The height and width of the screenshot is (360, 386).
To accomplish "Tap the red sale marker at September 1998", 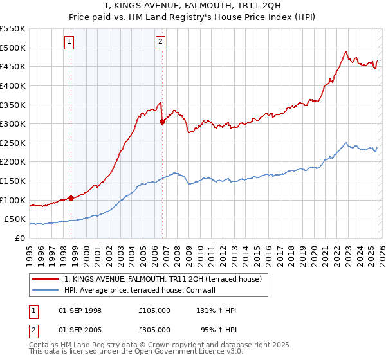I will click(x=71, y=198).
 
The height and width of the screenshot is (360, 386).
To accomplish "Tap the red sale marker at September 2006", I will click(x=162, y=122).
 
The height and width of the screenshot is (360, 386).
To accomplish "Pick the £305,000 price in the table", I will click(x=154, y=331).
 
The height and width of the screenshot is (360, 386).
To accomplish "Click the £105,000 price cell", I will click(x=154, y=310).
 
